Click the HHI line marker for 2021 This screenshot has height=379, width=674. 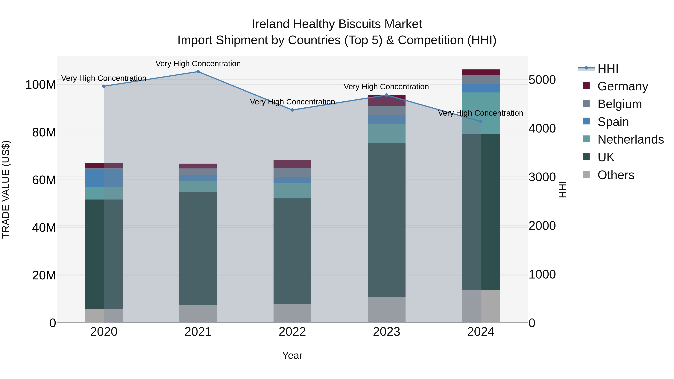[198, 72]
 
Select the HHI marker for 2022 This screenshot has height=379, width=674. [292, 110]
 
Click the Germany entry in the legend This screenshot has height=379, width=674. [623, 86]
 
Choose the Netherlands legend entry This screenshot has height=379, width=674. [631, 139]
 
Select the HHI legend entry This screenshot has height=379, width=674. [608, 69]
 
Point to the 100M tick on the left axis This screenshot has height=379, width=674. [41, 85]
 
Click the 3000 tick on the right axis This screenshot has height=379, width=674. [542, 177]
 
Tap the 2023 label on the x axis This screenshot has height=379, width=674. [386, 332]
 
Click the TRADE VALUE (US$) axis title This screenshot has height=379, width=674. [6, 189]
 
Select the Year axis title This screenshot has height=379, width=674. [292, 355]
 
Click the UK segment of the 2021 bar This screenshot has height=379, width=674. [198, 249]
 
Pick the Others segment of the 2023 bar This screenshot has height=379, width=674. [386, 310]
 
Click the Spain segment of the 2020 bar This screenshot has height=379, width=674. [104, 178]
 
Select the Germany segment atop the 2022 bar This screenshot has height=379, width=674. [292, 163]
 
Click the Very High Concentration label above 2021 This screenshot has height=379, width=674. [198, 64]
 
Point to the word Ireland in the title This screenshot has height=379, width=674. [271, 24]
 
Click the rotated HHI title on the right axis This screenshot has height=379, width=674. [563, 189]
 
